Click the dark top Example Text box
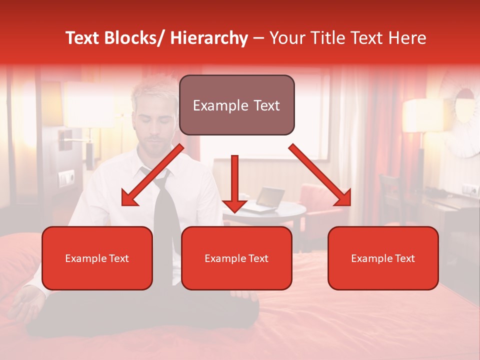pos(236,105)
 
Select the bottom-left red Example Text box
pos(97,258)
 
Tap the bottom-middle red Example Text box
pos(236,258)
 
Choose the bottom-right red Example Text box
pos(383,258)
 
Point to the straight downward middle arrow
pos(234,182)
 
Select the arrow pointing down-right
pos(320,175)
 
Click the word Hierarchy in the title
pos(209,38)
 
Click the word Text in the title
pos(88,38)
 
